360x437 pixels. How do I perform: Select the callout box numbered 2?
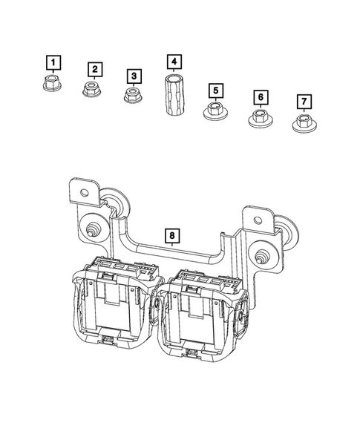coord(95,70)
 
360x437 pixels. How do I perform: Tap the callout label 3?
coord(134,76)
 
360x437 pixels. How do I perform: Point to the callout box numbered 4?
coord(173,61)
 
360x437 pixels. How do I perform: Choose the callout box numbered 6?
coord(260,97)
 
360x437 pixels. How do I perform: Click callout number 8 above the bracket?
coord(171,236)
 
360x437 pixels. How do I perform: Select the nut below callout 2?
coord(92,91)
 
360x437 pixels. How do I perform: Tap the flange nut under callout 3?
coord(132,96)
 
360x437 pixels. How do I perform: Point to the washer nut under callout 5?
coord(213,112)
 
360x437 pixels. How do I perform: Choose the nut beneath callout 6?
coord(258,117)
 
